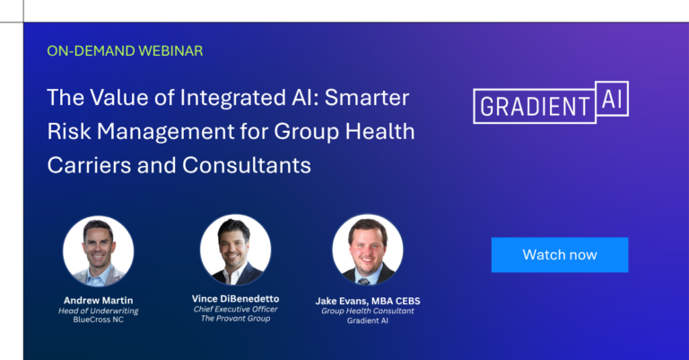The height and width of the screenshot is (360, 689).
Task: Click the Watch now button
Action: pyautogui.click(x=560, y=255)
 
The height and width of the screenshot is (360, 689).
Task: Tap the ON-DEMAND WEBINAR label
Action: pyautogui.click(x=125, y=51)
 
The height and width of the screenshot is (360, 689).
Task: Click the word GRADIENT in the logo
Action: pyautogui.click(x=535, y=107)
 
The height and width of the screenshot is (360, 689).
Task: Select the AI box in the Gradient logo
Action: pyautogui.click(x=612, y=99)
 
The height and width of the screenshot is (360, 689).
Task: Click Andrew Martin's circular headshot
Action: pyautogui.click(x=99, y=251)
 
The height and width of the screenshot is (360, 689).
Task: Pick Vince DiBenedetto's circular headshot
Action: pyautogui.click(x=236, y=250)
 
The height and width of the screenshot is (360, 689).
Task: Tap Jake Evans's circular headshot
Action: pyautogui.click(x=367, y=250)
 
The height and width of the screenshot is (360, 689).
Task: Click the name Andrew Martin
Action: pyautogui.click(x=99, y=300)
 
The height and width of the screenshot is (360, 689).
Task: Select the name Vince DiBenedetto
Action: pyautogui.click(x=236, y=299)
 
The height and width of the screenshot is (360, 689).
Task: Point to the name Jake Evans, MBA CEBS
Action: pyautogui.click(x=368, y=301)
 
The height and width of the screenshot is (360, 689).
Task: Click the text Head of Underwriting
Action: pyautogui.click(x=99, y=311)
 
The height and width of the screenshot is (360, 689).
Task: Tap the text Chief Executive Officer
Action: pyautogui.click(x=236, y=309)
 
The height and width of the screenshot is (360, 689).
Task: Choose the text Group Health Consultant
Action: pyautogui.click(x=368, y=311)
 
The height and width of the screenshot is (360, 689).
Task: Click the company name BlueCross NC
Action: pyautogui.click(x=99, y=320)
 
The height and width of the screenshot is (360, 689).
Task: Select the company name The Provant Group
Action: pyautogui.click(x=236, y=318)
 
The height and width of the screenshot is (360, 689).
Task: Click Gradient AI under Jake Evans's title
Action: pyautogui.click(x=368, y=320)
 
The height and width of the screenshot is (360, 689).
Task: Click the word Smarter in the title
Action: pyautogui.click(x=367, y=98)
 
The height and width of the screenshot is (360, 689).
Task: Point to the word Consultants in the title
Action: pyautogui.click(x=247, y=166)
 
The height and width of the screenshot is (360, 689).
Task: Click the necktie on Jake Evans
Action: pyautogui.click(x=363, y=281)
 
